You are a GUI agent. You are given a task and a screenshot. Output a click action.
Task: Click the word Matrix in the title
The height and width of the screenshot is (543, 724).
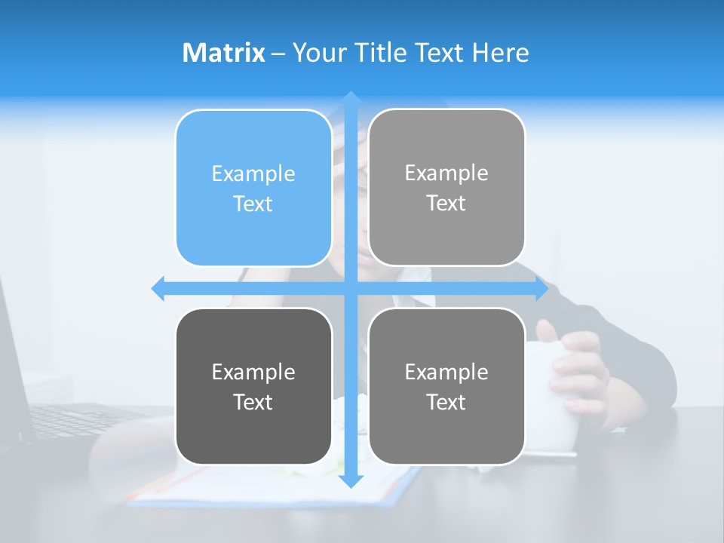pyautogui.click(x=223, y=53)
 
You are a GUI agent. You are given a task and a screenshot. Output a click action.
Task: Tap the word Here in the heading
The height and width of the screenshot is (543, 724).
pyautogui.click(x=500, y=53)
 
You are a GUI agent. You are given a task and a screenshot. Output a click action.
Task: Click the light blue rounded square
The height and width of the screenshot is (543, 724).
pyautogui.click(x=253, y=189)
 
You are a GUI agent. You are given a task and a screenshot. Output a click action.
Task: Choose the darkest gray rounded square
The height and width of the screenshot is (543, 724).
pyautogui.click(x=253, y=387)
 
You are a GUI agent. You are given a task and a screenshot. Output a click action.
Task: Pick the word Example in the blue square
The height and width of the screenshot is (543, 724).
pyautogui.click(x=253, y=174)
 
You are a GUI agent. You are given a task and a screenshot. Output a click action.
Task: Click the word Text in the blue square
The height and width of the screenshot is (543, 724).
pyautogui.click(x=253, y=204)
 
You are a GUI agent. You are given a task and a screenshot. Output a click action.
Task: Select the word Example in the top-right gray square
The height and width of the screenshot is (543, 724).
pyautogui.click(x=446, y=173)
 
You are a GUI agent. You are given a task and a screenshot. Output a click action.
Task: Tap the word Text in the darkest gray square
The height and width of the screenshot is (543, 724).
pyautogui.click(x=253, y=402)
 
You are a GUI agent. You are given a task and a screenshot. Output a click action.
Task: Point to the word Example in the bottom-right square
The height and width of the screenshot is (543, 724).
pyautogui.click(x=446, y=372)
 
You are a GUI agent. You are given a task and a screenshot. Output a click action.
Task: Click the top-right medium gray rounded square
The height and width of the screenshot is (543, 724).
pyautogui.click(x=446, y=188)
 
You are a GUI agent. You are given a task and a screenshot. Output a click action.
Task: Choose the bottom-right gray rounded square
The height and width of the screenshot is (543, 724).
pyautogui.click(x=446, y=387)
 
